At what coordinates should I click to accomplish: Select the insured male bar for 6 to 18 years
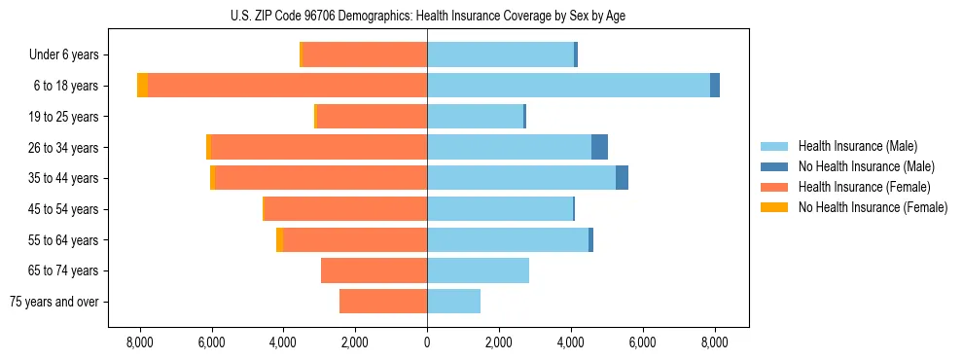tap(568, 86)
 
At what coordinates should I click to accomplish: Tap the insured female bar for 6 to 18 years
tap(287, 86)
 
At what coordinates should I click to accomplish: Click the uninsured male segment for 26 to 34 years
tap(599, 147)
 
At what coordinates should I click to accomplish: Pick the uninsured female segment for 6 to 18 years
tap(143, 86)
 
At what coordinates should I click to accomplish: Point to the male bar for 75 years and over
tap(453, 302)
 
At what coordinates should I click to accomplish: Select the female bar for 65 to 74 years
tap(374, 270)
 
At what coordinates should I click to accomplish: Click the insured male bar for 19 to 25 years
tap(475, 117)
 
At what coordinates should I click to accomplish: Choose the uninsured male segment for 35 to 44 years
tap(622, 178)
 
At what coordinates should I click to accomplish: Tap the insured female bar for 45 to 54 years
tap(345, 209)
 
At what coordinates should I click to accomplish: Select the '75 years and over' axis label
tap(53, 302)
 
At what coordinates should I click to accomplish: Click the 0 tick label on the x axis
tap(427, 342)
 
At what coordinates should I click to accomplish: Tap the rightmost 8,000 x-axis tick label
tap(714, 342)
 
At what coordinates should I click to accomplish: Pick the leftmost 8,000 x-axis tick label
tap(139, 342)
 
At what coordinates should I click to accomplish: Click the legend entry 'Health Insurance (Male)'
tap(857, 146)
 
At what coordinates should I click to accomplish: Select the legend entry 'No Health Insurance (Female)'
tap(873, 207)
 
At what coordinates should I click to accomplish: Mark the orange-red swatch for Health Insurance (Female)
tap(774, 187)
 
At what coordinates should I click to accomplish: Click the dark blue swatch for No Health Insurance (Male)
tap(774, 166)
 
